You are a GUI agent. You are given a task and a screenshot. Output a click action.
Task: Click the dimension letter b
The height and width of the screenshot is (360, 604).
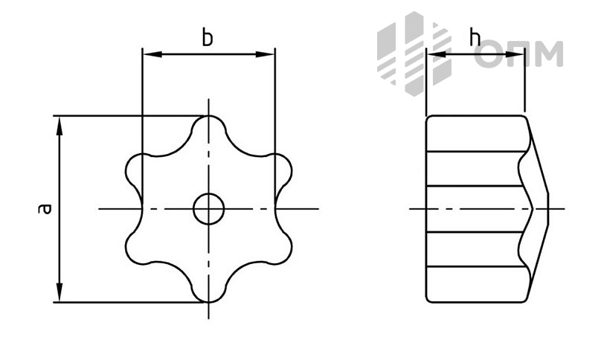208,39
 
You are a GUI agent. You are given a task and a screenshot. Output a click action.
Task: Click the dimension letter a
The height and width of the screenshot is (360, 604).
45,208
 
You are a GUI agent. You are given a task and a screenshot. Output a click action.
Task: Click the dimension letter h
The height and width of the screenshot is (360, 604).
476,38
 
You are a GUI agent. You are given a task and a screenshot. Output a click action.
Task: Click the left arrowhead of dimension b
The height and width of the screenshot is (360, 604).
152,55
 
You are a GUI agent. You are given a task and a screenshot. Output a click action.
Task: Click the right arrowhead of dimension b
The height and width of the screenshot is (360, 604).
265,55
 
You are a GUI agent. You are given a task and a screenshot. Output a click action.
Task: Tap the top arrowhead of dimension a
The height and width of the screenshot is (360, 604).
59,126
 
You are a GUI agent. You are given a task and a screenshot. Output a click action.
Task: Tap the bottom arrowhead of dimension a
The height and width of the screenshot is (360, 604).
59,292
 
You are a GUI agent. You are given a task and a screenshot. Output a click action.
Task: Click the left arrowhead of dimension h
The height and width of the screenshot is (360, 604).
436,55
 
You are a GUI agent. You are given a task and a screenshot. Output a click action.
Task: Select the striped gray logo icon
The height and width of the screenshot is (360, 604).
414,53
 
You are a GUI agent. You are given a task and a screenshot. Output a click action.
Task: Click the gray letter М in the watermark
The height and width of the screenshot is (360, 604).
548,54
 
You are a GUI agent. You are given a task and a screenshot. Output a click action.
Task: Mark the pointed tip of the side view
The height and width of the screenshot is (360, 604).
547,209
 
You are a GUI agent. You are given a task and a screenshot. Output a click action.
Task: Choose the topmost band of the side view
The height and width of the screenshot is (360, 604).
477,133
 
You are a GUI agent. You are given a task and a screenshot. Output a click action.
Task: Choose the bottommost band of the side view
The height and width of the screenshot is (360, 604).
477,284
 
